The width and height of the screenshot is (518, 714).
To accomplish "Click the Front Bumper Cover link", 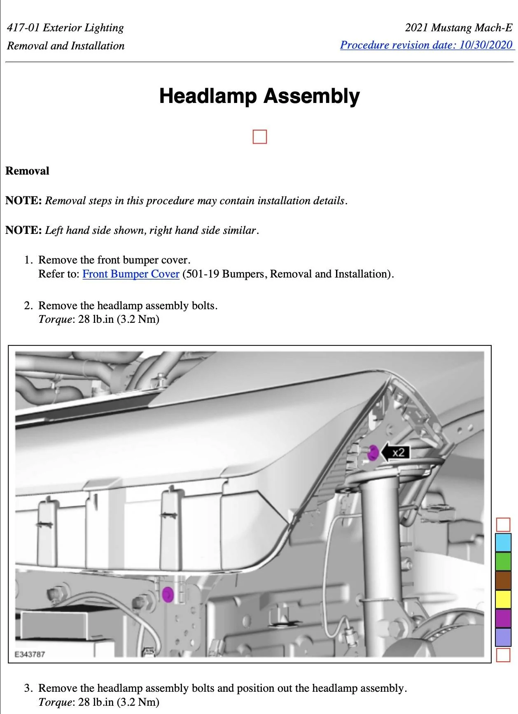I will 131,274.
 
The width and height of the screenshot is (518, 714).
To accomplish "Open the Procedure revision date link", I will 426,45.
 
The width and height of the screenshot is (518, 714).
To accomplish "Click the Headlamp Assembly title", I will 259,96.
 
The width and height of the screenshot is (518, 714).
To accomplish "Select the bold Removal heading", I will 27,171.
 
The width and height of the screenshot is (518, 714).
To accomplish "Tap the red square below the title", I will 259,137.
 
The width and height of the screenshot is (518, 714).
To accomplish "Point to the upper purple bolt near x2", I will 373,453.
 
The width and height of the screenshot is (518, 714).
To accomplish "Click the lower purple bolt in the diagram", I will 168,595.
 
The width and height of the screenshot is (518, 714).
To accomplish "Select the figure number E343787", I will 30,654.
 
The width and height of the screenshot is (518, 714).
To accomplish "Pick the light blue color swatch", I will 503,543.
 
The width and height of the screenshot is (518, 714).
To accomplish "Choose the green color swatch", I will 503,561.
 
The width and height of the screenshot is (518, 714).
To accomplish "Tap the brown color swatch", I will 503,580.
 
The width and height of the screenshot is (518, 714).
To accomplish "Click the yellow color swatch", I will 503,599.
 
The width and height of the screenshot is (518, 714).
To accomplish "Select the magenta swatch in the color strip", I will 503,618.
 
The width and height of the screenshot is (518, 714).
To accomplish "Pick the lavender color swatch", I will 503,637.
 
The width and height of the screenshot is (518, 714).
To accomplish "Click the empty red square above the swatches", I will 503,525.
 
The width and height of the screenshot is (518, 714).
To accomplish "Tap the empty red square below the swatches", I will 503,655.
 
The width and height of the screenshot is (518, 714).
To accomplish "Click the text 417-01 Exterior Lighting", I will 65,28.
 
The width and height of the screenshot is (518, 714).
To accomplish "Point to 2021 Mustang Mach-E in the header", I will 458,28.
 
